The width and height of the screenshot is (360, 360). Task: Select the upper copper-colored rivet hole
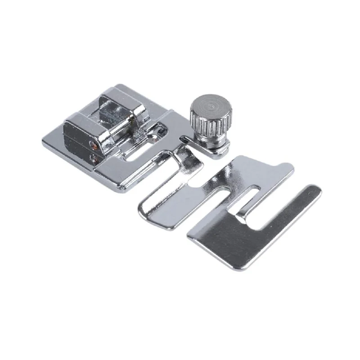coord(94,145)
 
